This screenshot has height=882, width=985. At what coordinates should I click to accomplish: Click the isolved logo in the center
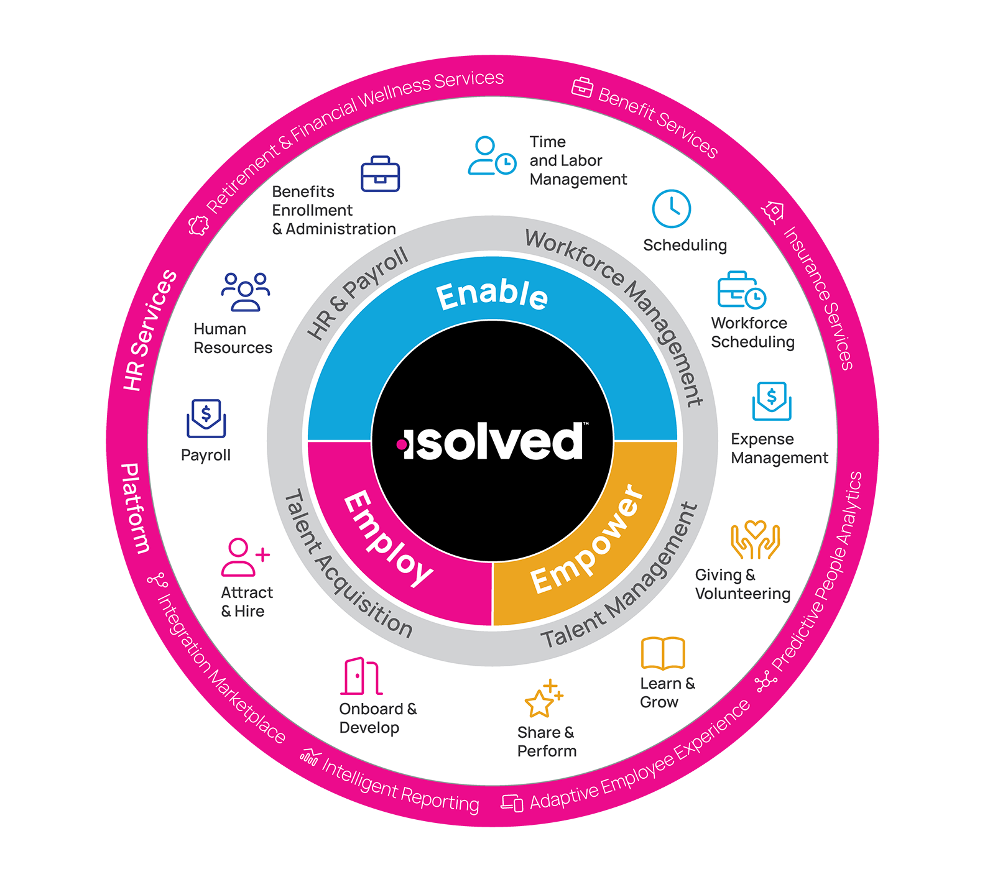492,441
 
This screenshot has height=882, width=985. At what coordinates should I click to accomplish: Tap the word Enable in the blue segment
492,295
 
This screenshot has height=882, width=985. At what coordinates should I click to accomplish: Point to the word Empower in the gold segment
588,539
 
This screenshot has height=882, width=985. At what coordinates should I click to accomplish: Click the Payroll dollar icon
206,418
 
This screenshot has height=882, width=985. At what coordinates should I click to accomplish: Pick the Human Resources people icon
246,292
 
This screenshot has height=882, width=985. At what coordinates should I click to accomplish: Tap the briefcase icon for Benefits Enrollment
380,173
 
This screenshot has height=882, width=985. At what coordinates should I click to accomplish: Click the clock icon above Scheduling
672,209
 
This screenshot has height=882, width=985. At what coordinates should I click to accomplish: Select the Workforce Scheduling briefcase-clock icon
742,290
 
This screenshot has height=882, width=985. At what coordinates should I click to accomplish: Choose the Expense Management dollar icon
772,401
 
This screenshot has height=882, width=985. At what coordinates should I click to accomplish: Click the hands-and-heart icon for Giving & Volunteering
755,540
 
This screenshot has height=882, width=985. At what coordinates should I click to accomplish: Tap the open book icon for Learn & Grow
663,653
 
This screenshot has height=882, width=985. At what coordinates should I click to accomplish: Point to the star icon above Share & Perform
543,699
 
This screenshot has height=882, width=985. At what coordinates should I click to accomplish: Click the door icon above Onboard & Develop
361,676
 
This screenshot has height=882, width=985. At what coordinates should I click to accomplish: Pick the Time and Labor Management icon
492,155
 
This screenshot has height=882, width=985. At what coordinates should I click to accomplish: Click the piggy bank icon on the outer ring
199,225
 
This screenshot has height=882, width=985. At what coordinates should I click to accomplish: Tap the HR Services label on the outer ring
150,330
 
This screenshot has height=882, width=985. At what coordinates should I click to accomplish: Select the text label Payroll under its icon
206,456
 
